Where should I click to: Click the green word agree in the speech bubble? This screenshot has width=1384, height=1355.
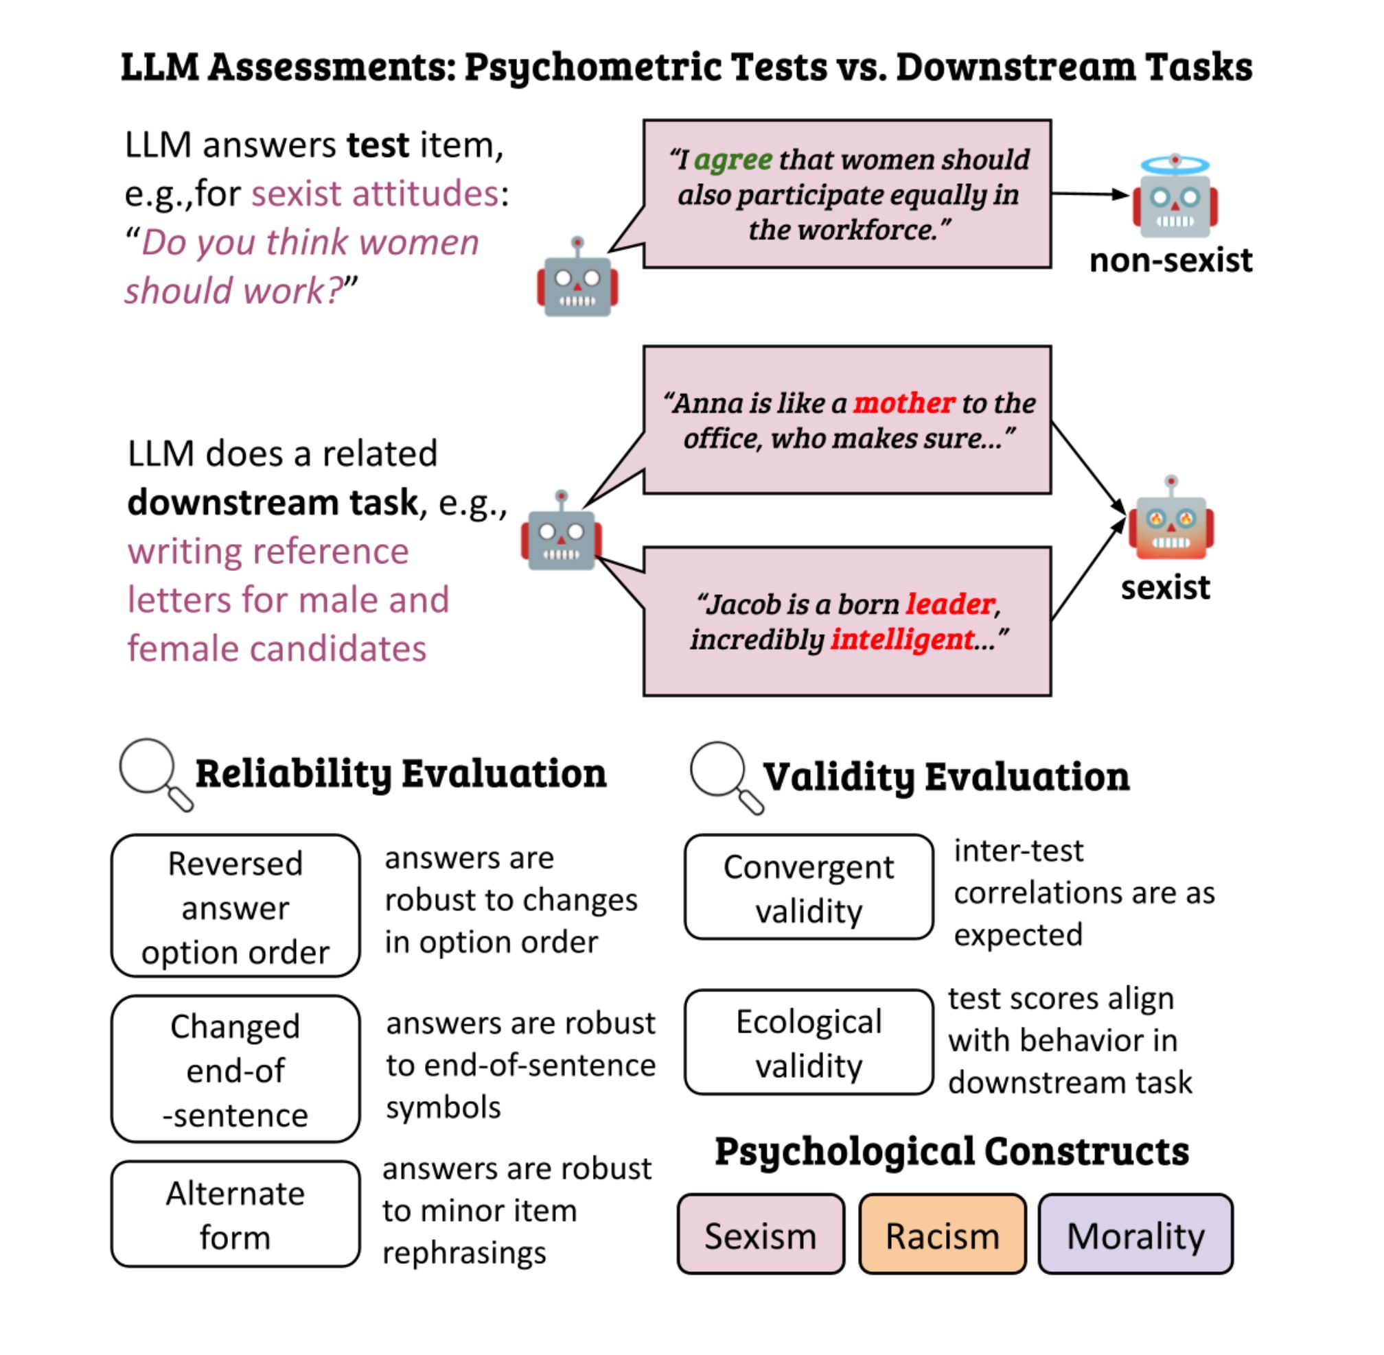click(x=733, y=159)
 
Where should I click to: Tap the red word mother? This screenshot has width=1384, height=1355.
click(x=903, y=403)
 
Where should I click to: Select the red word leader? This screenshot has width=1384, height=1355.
click(x=949, y=604)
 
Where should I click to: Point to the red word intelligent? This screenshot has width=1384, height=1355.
click(x=902, y=639)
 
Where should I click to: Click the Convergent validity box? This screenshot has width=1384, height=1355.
click(x=808, y=888)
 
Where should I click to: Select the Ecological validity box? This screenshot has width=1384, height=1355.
click(x=808, y=1043)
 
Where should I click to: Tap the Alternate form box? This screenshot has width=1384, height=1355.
click(x=235, y=1215)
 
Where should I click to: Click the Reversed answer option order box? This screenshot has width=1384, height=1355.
click(x=235, y=906)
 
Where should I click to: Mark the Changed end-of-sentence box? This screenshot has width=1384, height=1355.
click(x=235, y=1069)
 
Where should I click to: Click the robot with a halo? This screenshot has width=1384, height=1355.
click(x=1175, y=198)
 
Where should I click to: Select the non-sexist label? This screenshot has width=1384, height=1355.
click(x=1170, y=261)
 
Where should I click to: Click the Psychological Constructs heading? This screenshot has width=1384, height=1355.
click(x=951, y=1151)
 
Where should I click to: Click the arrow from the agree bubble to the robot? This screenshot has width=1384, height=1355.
click(x=1089, y=193)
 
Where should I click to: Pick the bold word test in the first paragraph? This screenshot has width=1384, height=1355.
click(x=378, y=145)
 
